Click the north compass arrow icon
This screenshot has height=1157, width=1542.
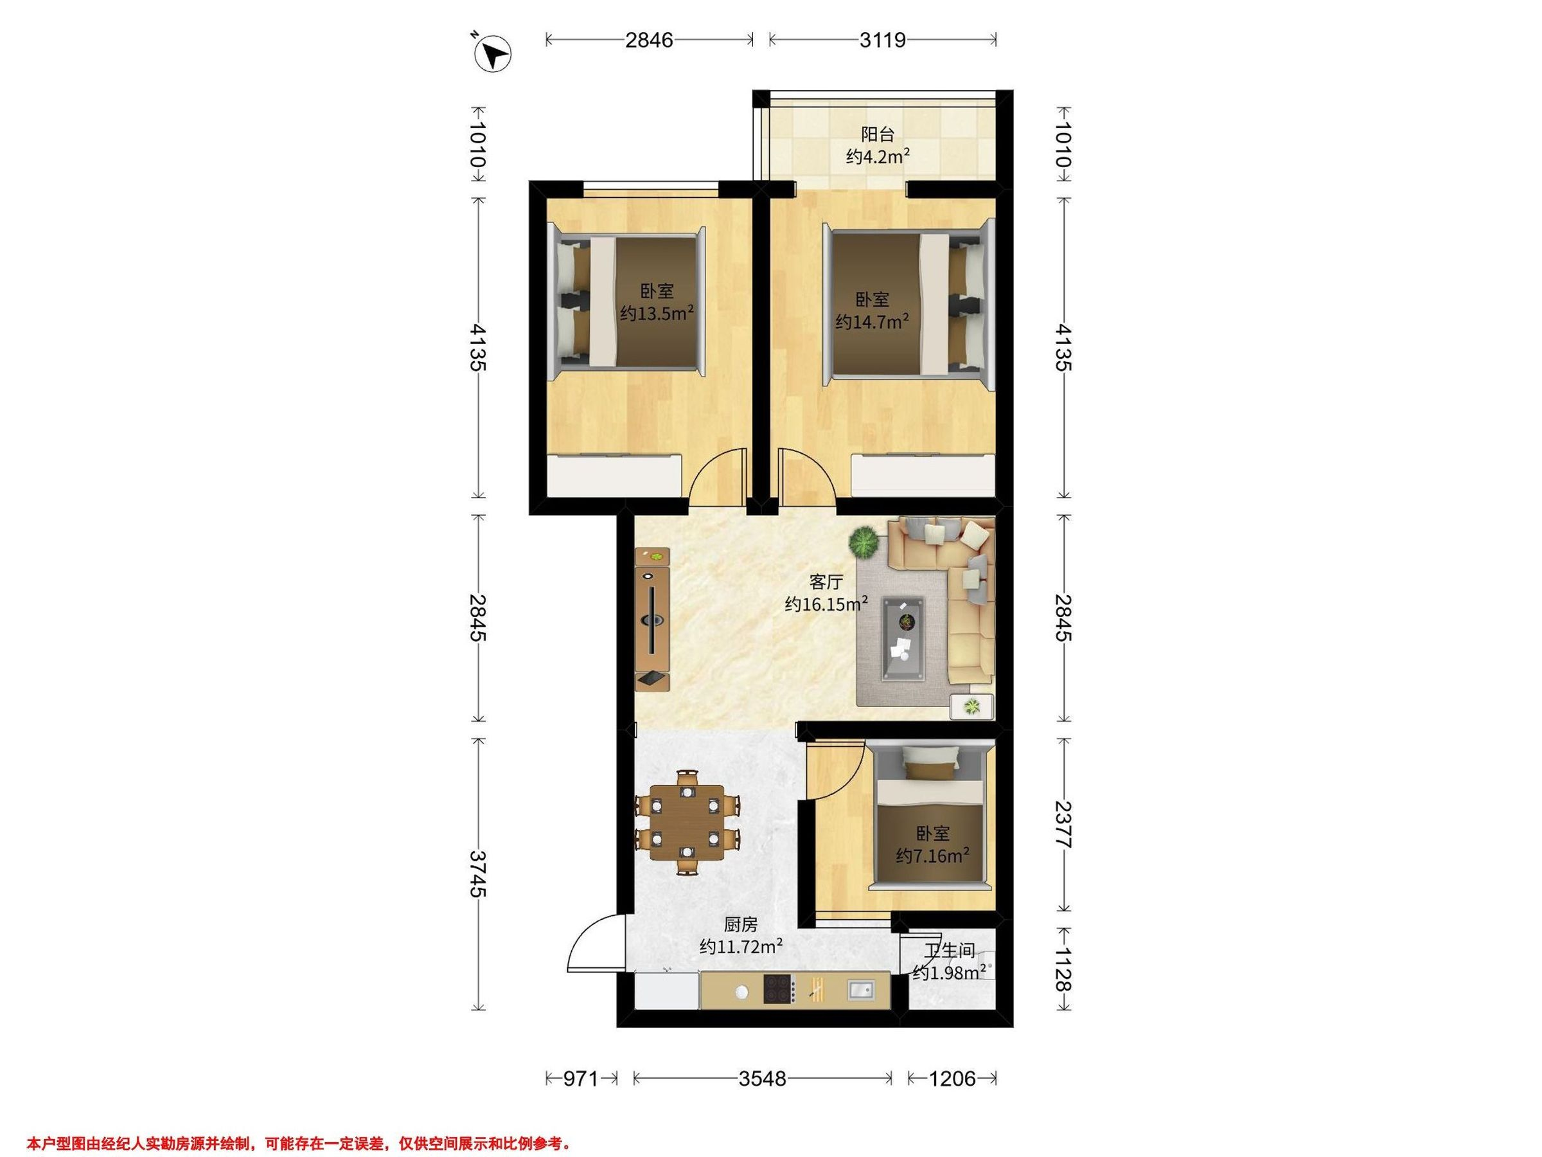click(493, 54)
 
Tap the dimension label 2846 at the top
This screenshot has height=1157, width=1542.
click(649, 40)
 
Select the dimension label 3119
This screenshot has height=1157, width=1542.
click(883, 40)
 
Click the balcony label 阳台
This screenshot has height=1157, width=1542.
click(878, 134)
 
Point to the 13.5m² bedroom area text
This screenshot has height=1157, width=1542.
click(657, 313)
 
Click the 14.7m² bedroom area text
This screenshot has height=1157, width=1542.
click(872, 321)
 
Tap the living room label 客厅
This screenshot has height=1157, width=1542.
click(826, 582)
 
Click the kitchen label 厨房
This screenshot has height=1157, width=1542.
click(740, 925)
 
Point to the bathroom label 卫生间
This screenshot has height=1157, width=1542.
click(950, 950)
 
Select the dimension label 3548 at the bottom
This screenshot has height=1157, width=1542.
click(763, 1079)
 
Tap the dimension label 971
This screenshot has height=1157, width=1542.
click(581, 1079)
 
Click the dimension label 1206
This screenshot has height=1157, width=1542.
click(952, 1079)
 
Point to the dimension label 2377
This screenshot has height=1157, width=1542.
click(1063, 823)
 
